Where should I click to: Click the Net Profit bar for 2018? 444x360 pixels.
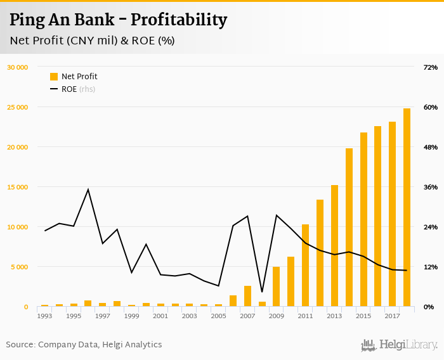(x=407, y=208)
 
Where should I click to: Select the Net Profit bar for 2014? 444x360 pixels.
(x=349, y=228)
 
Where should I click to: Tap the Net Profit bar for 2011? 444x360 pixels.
(x=305, y=266)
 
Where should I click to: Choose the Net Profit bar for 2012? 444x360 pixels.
(x=320, y=253)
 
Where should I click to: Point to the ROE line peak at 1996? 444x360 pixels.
(x=88, y=190)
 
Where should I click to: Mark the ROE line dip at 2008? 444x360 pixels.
(x=262, y=292)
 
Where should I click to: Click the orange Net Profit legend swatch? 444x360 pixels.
(x=54, y=77)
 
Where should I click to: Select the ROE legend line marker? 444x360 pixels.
(x=54, y=89)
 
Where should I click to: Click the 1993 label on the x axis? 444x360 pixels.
(x=44, y=316)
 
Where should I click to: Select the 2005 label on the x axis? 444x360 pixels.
(x=218, y=316)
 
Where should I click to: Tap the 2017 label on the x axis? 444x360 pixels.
(x=392, y=316)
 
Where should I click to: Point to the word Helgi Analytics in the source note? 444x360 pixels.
(x=131, y=345)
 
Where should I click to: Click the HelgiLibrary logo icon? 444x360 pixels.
(x=368, y=345)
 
